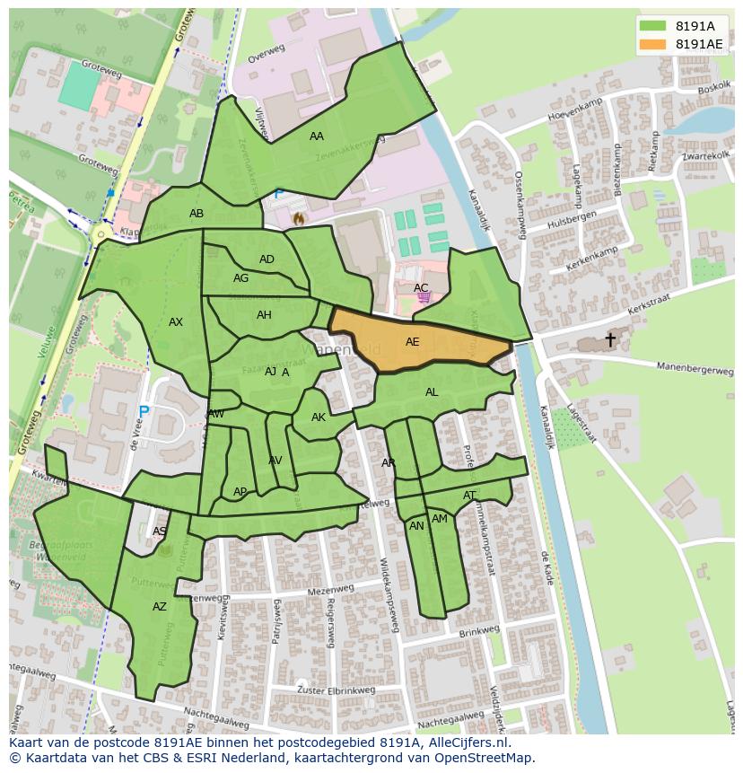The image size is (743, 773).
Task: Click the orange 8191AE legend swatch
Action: click(652, 44)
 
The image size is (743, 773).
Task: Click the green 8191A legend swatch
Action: click(652, 25)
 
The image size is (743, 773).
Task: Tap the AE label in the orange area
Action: click(412, 342)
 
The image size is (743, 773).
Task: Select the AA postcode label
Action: click(316, 136)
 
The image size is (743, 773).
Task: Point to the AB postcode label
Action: click(197, 214)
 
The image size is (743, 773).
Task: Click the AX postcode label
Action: click(176, 322)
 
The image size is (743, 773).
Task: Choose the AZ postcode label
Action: click(160, 607)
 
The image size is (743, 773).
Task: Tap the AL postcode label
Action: click(432, 392)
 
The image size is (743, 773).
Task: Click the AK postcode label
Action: click(319, 417)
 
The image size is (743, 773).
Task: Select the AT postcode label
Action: click(469, 496)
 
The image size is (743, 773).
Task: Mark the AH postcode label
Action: click(264, 315)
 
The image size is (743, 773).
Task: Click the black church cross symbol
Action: click(610, 339)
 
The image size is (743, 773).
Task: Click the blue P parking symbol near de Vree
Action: click(144, 413)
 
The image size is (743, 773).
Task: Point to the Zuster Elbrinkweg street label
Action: click(335, 690)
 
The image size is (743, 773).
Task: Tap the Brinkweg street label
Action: click(477, 632)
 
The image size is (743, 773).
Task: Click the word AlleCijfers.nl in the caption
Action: click(458, 742)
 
